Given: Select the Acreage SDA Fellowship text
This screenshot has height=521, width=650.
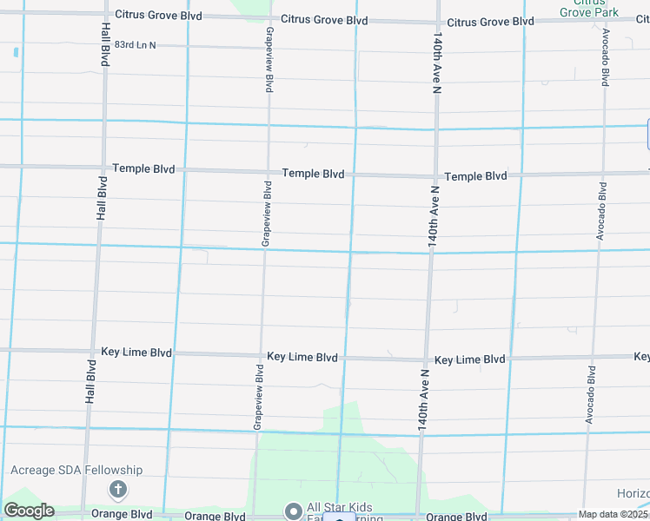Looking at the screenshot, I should coord(76,470).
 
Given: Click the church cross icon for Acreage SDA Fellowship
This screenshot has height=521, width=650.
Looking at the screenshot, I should coord(117,491).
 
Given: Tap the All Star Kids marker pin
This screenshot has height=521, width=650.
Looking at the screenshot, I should coord(293,510).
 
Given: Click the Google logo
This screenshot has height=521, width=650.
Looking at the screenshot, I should coord(29,511).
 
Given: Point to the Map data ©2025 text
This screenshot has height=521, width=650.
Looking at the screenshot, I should coord(613,514).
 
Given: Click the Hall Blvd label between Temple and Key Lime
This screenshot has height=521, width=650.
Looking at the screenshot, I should coord(102,197).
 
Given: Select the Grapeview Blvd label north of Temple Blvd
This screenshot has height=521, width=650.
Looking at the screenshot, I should coord(269,59).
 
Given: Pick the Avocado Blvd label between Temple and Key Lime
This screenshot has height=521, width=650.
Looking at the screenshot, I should coord(600,211).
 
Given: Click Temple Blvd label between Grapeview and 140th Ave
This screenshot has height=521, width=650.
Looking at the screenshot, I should coord(313,174).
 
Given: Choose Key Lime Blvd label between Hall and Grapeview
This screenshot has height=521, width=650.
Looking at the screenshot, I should coord(136,352).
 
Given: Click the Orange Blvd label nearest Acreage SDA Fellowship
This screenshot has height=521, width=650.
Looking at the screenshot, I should coord(129,514).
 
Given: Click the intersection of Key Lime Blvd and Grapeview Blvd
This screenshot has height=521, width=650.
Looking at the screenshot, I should coord(260,355).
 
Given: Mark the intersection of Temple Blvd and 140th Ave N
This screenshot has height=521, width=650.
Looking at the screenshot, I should coord(432,176).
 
